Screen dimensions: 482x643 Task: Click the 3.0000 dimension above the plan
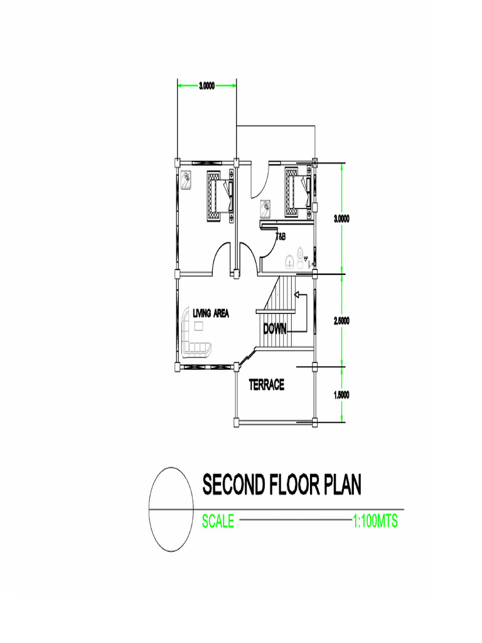coord(206,85)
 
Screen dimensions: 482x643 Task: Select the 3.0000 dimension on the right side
coord(341,219)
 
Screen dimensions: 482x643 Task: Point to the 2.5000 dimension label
coord(341,321)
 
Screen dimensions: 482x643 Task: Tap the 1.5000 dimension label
coord(341,396)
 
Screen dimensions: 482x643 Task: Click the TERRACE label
coord(266,385)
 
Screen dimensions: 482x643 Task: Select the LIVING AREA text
coord(211,314)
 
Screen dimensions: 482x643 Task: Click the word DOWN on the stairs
coord(275,328)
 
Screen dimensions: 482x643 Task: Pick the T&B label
coord(281,237)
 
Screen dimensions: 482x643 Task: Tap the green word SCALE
coord(218,521)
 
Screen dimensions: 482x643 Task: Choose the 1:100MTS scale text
coord(375,521)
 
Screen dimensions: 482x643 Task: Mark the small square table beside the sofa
coord(199,326)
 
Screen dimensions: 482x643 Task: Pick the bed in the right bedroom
coord(299,192)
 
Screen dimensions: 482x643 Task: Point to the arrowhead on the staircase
coord(297,294)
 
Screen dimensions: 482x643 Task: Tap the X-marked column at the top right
coord(315,162)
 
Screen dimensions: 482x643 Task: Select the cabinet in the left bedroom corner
coord(186,180)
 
